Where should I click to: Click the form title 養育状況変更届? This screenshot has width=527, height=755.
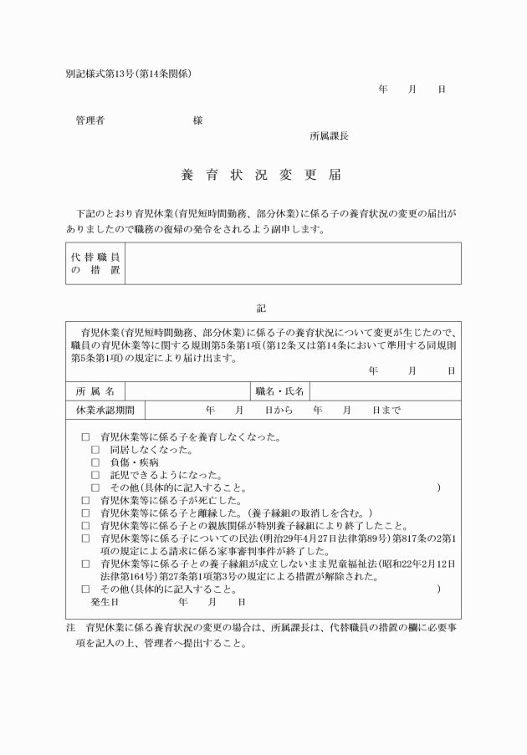(261, 176)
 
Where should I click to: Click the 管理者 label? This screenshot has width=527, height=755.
(90, 120)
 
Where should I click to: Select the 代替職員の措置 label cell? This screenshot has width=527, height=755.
(95, 263)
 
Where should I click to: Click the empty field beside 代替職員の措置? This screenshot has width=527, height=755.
(292, 263)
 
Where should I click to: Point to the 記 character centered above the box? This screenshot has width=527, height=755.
(262, 309)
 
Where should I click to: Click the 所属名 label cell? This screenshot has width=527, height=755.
(95, 391)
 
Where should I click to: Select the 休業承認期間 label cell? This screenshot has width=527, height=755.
(105, 410)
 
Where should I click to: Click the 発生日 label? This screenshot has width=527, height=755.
(105, 601)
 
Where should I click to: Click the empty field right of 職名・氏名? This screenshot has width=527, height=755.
(385, 391)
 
